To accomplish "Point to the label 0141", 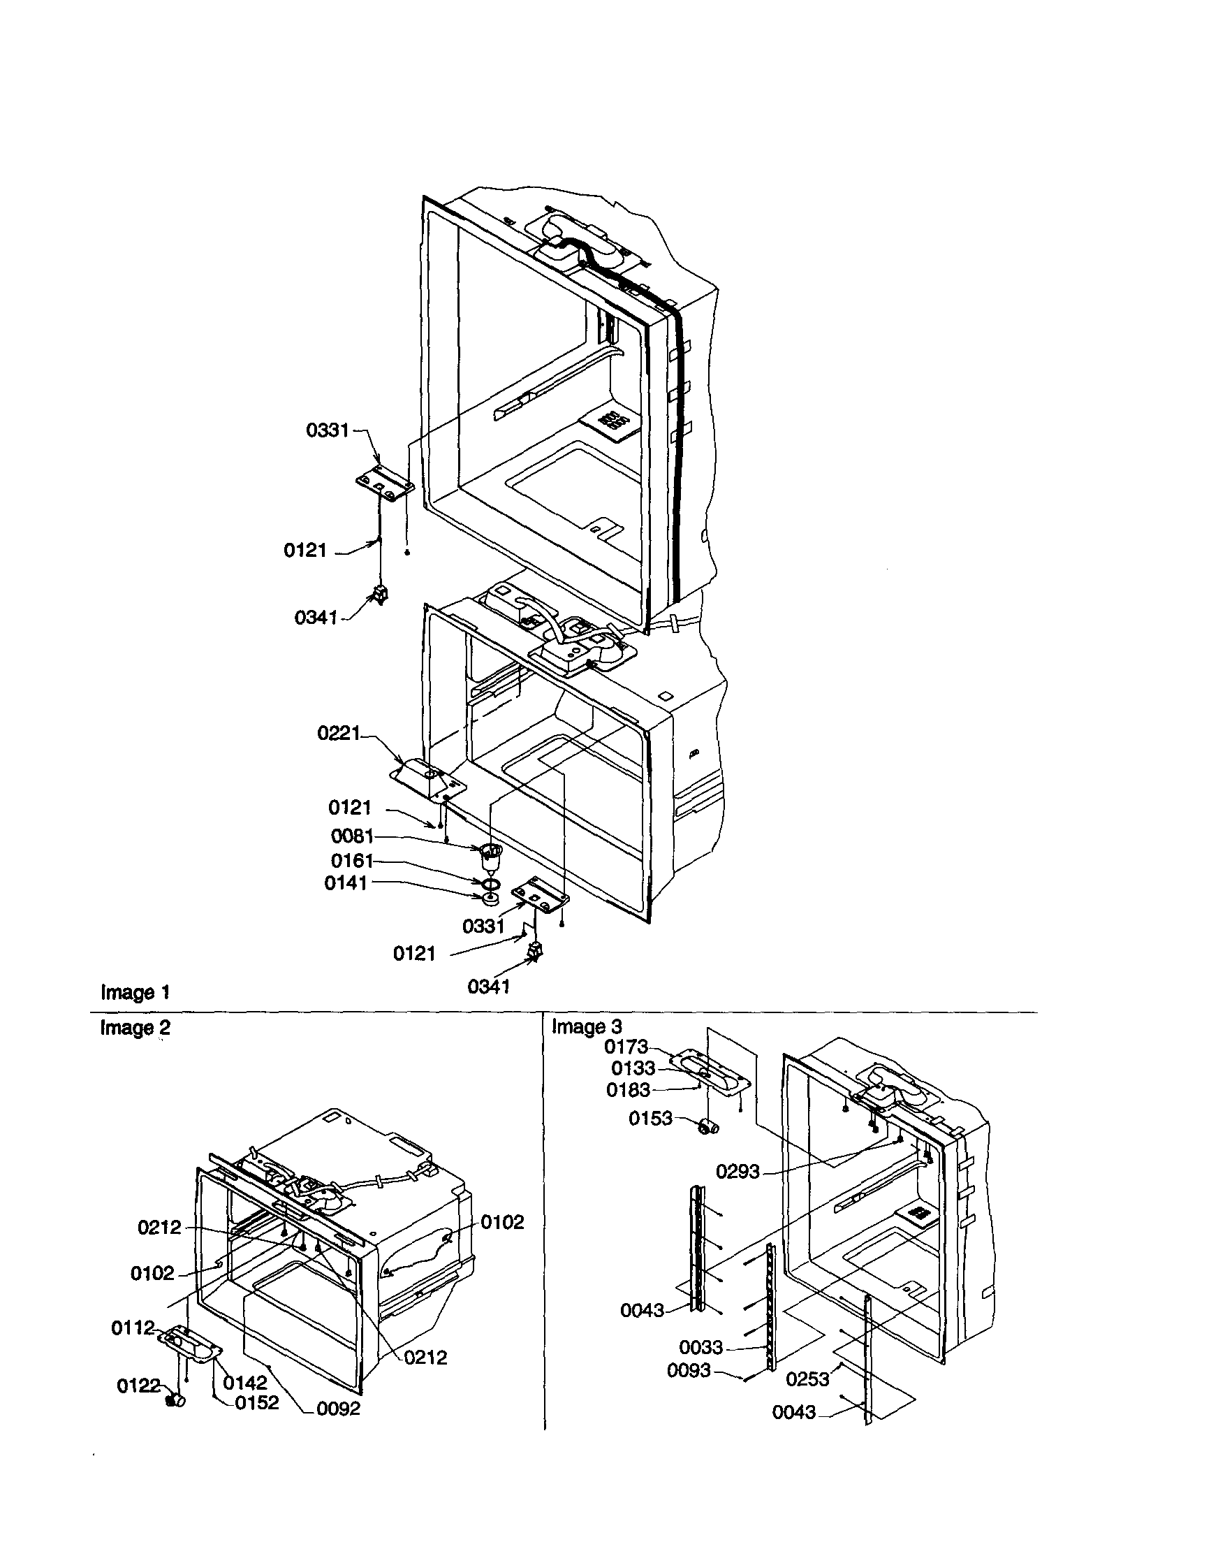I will tap(346, 883).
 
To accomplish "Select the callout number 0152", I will tap(257, 1403).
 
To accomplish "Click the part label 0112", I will tap(132, 1328).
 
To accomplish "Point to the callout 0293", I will tap(738, 1172).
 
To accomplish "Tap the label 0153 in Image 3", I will tap(650, 1118).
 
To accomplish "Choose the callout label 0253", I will tap(807, 1379).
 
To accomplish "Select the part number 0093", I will tap(689, 1370).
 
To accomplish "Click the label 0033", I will tap(701, 1348).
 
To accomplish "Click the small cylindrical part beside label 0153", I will tap(709, 1128).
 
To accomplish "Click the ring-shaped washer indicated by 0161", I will tap(491, 885).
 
